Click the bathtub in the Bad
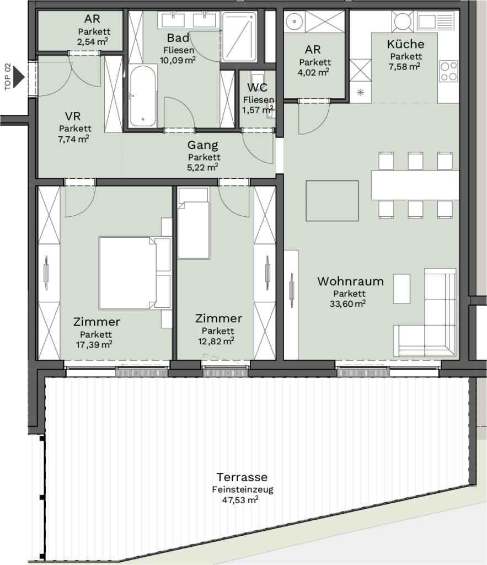tap(143, 96)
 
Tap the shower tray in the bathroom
tap(239, 37)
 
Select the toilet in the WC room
tap(258, 79)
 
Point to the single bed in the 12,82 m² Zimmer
tap(194, 223)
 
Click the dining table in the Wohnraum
tap(415, 185)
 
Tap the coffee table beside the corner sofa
tap(402, 289)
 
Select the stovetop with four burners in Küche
tap(448, 71)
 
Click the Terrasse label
tap(242, 477)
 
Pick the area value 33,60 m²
tap(347, 304)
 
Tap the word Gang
tap(203, 145)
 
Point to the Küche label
tap(405, 44)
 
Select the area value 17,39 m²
tap(94, 344)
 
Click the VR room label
tap(73, 116)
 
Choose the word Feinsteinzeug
tap(243, 489)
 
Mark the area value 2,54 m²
tap(93, 41)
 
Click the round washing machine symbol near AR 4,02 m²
tap(295, 22)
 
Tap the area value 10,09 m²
tap(178, 60)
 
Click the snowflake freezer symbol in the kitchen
tap(360, 92)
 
